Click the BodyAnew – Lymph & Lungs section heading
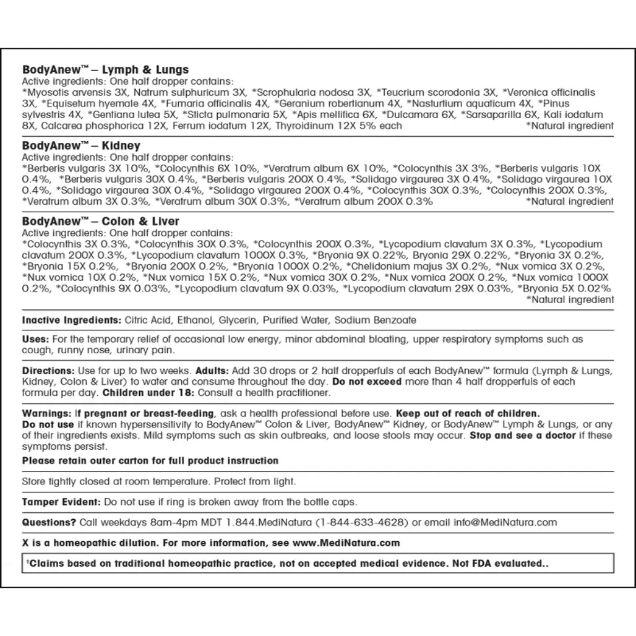pos(105,70)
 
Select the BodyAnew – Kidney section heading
pos(81,147)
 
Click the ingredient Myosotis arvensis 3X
pos(74,92)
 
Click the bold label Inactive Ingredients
pos(71,320)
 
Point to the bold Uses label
pos(35,340)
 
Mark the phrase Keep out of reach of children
pos(468,413)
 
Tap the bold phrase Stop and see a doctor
pos(522,435)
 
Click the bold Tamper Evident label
pos(61,501)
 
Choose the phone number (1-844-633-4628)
pos(361,522)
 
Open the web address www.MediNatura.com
pos(348,543)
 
